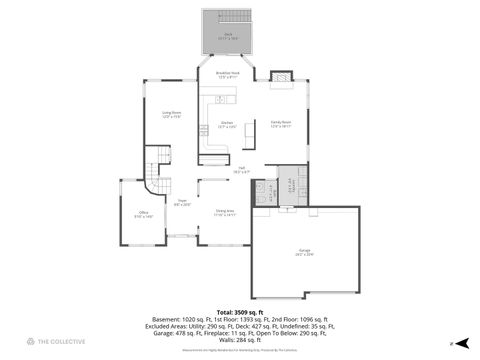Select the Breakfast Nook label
click(x=227, y=74)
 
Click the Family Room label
click(x=280, y=125)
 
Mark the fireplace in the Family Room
click(x=281, y=75)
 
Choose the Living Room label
click(x=171, y=114)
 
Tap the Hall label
click(x=241, y=170)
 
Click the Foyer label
click(x=183, y=203)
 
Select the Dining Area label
click(x=225, y=212)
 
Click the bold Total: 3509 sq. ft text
click(x=240, y=313)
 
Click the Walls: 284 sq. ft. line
click(x=240, y=340)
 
